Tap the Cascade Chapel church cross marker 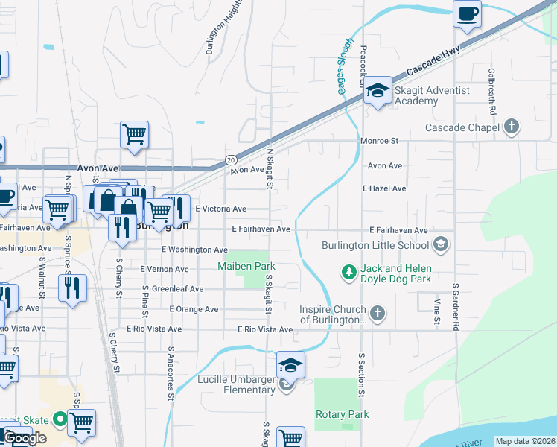pos(511,127)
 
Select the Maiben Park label pos(246,266)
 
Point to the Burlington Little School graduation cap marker pos(441,244)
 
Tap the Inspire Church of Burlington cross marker pos(378,313)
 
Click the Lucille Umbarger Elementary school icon pos(291,365)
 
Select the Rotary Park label pos(343,414)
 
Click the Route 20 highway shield pos(231,159)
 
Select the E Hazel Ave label pos(384,189)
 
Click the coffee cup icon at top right pos(468,14)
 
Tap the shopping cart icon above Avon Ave pos(135,135)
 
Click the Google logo pos(25,439)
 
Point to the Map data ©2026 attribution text pos(526,441)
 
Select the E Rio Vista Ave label pos(265,329)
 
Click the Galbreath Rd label pos(492,92)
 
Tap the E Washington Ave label pos(194,250)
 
